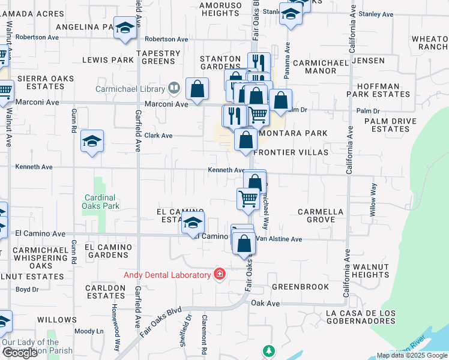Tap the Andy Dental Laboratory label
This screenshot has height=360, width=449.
pyautogui.click(x=167, y=275)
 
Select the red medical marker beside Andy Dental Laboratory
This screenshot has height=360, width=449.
pyautogui.click(x=220, y=275)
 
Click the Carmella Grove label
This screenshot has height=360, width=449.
pyautogui.click(x=321, y=216)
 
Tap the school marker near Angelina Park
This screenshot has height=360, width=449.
pyautogui.click(x=125, y=29)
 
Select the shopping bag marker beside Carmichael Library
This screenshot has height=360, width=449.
pyautogui.click(x=197, y=90)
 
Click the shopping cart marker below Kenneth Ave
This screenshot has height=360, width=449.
pyautogui.click(x=249, y=199)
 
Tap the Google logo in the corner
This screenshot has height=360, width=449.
pyautogui.click(x=20, y=353)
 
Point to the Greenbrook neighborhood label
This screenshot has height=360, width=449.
pyautogui.click(x=300, y=287)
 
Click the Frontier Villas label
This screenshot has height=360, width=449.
pyautogui.click(x=291, y=152)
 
